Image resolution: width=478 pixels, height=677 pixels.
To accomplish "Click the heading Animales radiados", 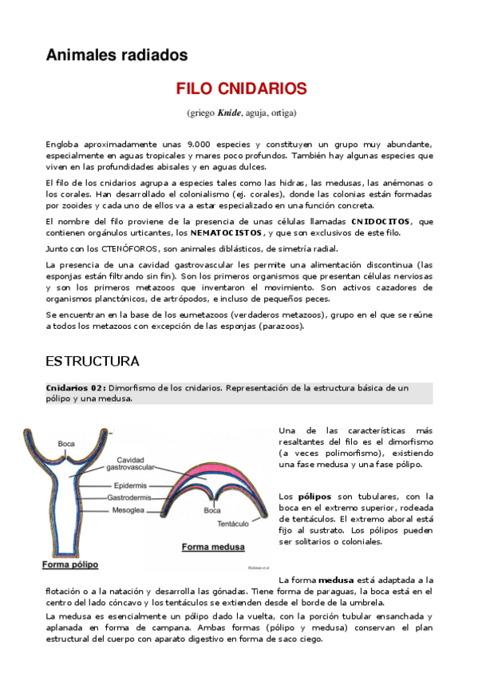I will click(117, 55).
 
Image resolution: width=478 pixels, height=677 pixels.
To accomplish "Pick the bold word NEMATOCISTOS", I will click(226, 232).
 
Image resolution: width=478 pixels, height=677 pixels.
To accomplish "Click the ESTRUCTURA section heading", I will click(93, 361).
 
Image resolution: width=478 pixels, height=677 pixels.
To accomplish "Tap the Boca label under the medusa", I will click(211, 509).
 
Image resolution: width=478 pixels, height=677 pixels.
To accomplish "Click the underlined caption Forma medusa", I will click(213, 548).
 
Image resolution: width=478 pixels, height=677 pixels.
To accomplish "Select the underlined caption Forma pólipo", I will click(69, 564).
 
